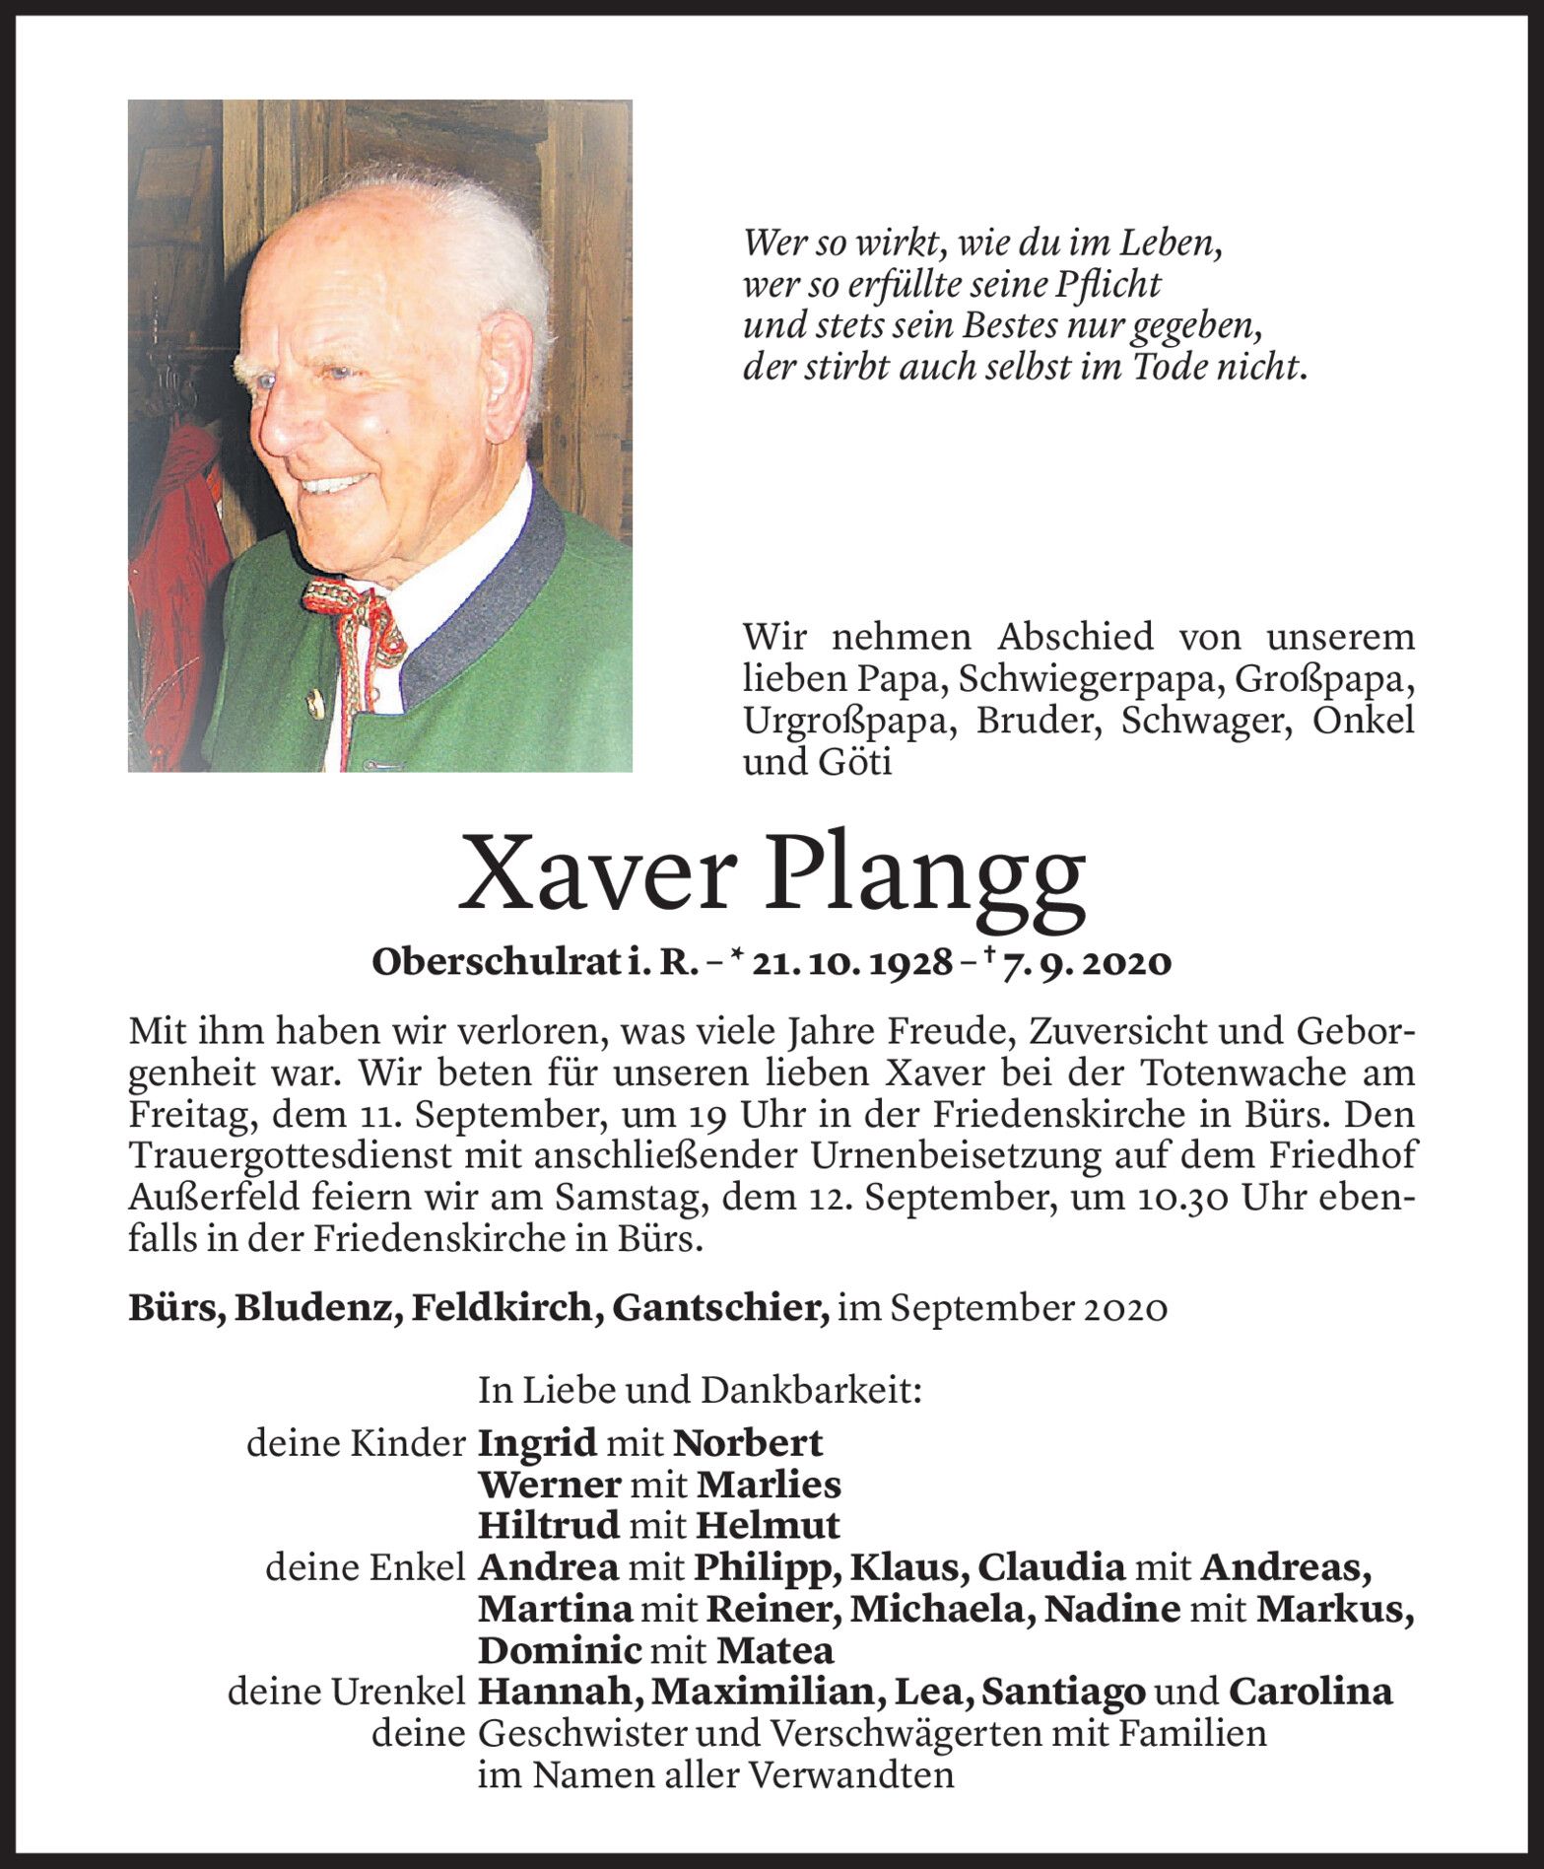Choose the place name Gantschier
tap(720, 1308)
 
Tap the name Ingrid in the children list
tap(538, 1444)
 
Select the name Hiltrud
tap(549, 1526)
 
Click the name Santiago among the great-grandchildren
tap(1064, 1692)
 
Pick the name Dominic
tap(560, 1650)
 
